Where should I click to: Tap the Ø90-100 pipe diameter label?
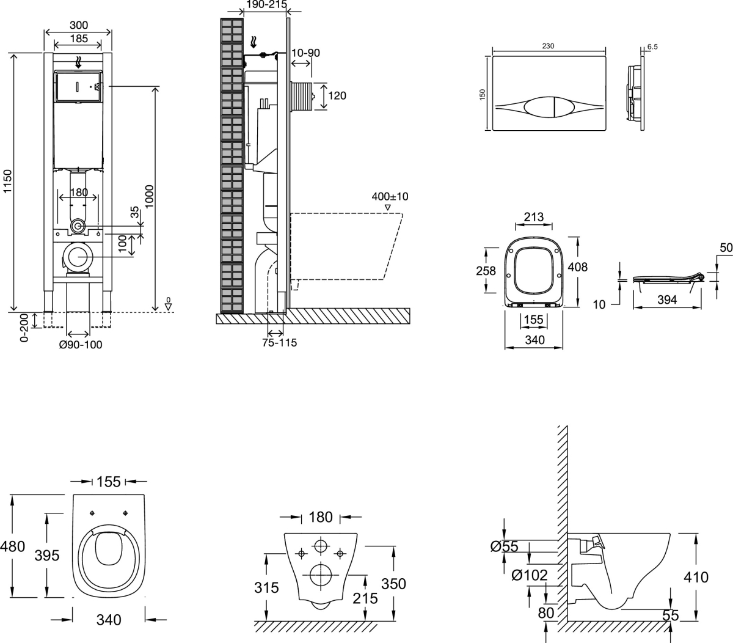click(80, 345)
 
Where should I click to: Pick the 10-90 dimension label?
click(305, 53)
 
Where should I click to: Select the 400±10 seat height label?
click(390, 197)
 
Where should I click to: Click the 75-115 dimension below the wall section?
click(279, 342)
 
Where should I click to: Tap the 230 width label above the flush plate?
click(548, 46)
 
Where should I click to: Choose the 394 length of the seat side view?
click(667, 300)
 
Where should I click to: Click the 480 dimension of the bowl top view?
click(13, 546)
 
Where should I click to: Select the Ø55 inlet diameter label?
click(504, 546)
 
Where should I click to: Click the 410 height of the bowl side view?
click(696, 576)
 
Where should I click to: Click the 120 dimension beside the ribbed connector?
click(337, 95)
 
